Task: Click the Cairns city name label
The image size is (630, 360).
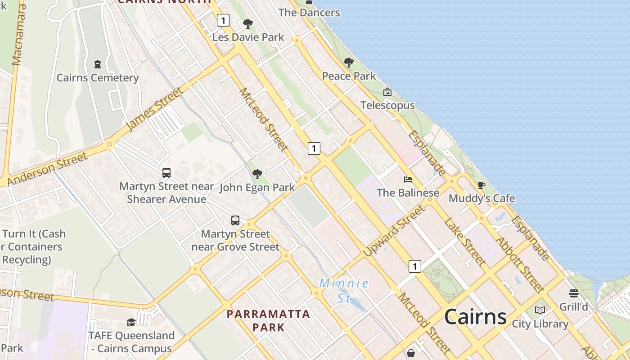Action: click(x=475, y=317)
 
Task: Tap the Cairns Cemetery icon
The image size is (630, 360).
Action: click(x=98, y=64)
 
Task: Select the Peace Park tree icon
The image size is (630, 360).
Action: click(x=348, y=63)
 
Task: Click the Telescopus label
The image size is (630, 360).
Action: click(x=387, y=105)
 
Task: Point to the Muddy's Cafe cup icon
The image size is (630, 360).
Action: click(x=481, y=185)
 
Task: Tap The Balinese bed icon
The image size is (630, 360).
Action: click(x=408, y=180)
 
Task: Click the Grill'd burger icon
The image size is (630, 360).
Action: click(x=573, y=293)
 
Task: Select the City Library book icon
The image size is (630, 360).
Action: click(x=540, y=310)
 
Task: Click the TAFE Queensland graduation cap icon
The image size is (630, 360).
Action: click(x=131, y=322)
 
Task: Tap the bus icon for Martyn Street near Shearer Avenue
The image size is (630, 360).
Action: click(x=166, y=172)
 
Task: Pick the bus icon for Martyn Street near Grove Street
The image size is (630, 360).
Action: click(x=235, y=220)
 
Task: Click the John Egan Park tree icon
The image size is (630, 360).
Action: click(x=257, y=174)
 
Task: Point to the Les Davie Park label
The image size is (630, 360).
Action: click(x=248, y=37)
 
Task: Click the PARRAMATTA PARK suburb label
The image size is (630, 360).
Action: click(x=269, y=320)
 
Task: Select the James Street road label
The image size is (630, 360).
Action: click(x=155, y=109)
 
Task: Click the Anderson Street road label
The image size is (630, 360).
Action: click(x=47, y=170)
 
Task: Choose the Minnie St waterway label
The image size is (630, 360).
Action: click(x=344, y=290)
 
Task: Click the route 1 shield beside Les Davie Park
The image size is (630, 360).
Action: click(x=223, y=20)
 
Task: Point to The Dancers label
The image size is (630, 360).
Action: click(x=309, y=13)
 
